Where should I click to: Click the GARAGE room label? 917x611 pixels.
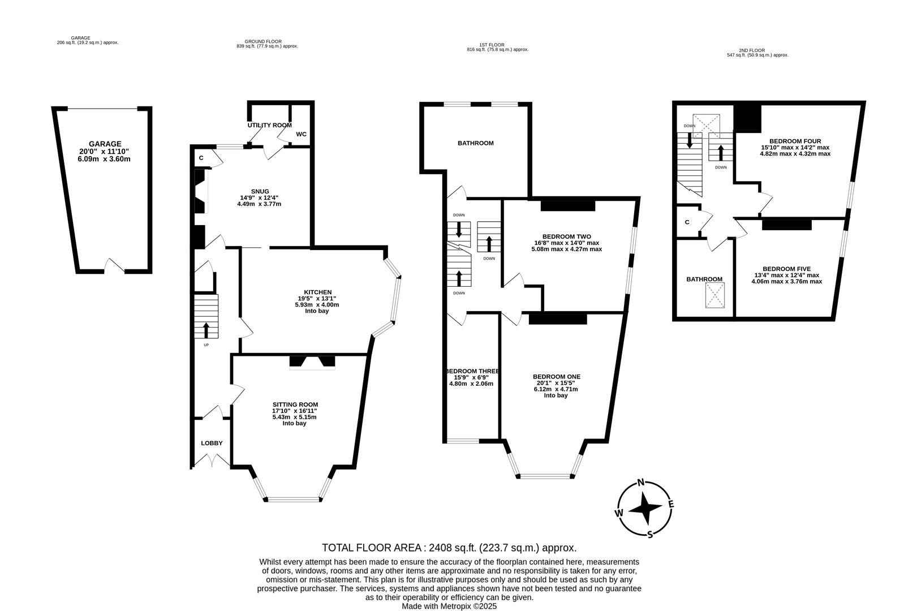(x=105, y=144)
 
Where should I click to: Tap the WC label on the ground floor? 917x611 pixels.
(x=301, y=134)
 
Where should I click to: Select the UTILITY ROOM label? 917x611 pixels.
(x=269, y=125)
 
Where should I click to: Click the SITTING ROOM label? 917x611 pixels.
(x=295, y=405)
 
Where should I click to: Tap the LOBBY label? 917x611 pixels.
(x=212, y=444)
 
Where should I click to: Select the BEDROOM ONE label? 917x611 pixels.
(x=556, y=377)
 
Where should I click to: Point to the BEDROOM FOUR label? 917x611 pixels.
(x=795, y=141)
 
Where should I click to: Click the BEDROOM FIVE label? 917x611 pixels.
(x=786, y=269)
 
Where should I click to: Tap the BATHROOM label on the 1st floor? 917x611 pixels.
(x=475, y=144)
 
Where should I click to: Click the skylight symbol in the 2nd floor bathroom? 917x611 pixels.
(x=714, y=295)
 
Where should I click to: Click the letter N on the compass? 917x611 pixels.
(x=641, y=483)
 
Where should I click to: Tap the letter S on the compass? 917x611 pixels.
(x=650, y=534)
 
